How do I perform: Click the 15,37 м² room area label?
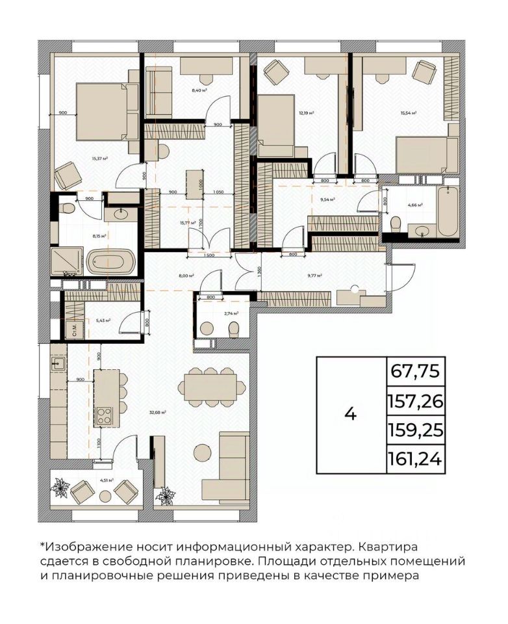99,158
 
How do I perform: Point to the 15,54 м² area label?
409,112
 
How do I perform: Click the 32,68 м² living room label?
157,412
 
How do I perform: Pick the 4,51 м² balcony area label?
107,480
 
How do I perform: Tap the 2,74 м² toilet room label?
231,313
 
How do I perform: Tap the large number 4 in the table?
351,414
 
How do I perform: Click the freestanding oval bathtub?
110,264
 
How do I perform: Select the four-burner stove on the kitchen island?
105,415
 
